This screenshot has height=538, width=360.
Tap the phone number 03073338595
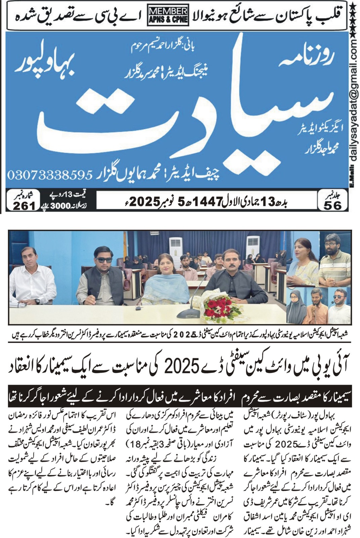[x=49, y=175]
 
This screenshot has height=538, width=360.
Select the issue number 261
[x=25, y=205]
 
